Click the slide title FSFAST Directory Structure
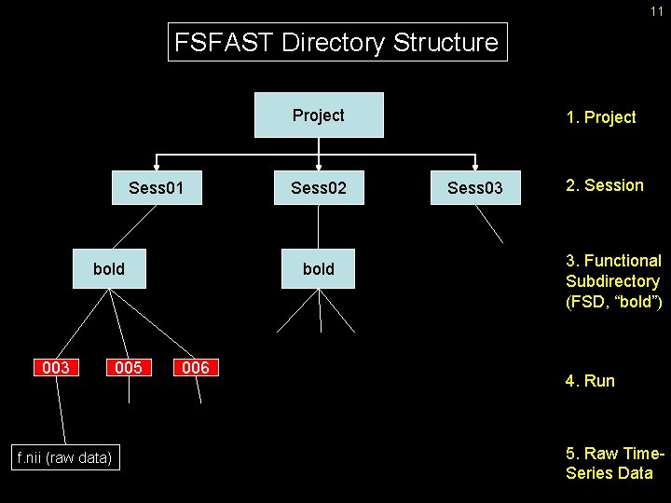tap(337, 43)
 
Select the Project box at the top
tap(319, 116)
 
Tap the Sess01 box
tap(157, 189)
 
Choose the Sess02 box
tap(319, 189)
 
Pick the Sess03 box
tap(474, 189)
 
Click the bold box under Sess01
tap(109, 269)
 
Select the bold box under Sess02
tap(319, 269)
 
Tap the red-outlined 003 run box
tap(56, 368)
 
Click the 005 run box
tap(129, 368)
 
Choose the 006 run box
tap(196, 368)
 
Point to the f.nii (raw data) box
tap(65, 457)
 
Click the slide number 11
tap(656, 10)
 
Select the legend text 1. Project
tap(601, 117)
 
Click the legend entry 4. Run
tap(591, 381)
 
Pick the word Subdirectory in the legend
tap(612, 280)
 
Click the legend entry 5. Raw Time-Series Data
tap(615, 464)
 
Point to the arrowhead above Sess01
tap(157, 167)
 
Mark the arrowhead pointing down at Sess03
tap(474, 167)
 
